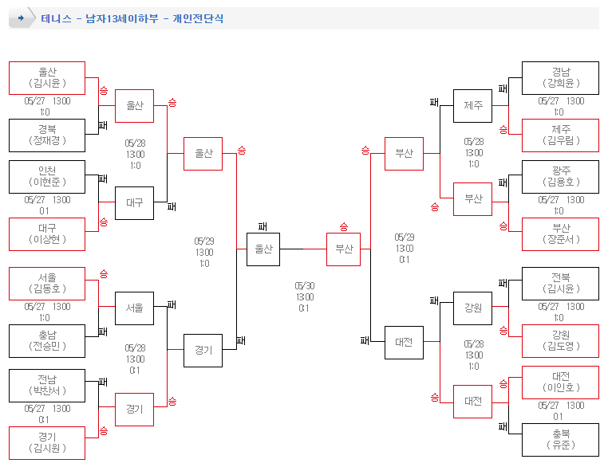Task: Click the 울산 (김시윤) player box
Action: [47, 78]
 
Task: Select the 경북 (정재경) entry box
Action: [47, 135]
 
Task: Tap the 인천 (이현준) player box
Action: [47, 177]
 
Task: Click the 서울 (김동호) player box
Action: [47, 284]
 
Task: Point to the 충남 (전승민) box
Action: [47, 341]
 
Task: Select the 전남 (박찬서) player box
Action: [47, 386]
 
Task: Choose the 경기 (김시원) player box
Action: [47, 443]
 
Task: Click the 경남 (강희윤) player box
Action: [560, 78]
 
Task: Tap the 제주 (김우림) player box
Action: [560, 135]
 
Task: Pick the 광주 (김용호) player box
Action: [560, 177]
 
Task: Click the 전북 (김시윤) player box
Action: [560, 284]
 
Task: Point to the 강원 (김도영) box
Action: [560, 341]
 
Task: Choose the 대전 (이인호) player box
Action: [560, 383]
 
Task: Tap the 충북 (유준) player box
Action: [560, 440]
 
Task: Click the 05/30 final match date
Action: [304, 285]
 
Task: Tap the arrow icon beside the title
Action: [22, 18]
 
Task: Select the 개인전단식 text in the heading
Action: [198, 18]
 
